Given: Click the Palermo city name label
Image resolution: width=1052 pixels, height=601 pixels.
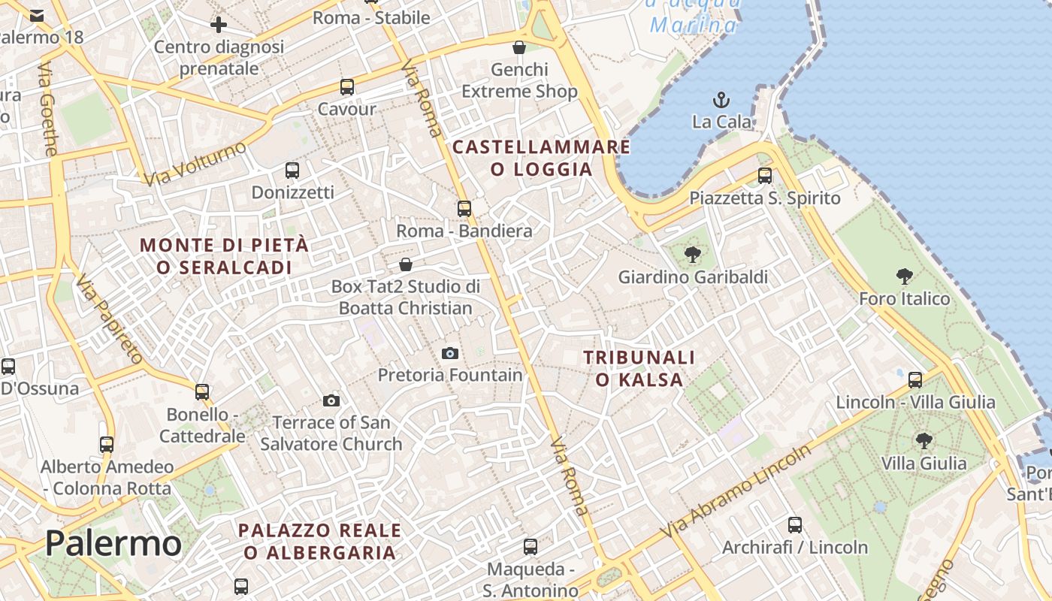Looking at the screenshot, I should point(113,542).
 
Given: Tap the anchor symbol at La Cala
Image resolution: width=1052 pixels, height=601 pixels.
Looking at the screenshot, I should point(721,99).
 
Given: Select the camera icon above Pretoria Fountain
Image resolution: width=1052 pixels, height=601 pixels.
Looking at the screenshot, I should point(449,353).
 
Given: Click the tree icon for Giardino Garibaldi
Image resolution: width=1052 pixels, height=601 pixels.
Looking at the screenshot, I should point(693,255).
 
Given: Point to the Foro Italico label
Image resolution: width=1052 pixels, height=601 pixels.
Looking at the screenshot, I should point(905,299).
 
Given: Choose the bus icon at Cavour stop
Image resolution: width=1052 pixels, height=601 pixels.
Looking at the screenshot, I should point(346,86).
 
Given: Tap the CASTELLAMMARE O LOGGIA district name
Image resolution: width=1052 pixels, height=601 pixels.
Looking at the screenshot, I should point(541,158).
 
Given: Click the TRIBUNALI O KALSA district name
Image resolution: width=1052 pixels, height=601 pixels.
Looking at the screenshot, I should point(639,368).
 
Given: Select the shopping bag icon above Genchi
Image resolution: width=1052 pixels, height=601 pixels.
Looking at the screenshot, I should point(518,47).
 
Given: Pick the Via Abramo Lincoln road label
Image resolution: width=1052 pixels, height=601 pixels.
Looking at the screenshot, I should point(736,490).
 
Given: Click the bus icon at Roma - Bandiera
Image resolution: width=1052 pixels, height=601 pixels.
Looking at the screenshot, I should point(464,208).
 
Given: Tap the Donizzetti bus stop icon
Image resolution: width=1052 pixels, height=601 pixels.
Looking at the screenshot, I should point(292,171).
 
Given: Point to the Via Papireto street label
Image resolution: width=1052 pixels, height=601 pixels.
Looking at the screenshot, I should point(110,319).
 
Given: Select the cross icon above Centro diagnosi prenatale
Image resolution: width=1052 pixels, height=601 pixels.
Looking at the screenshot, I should point(219,25).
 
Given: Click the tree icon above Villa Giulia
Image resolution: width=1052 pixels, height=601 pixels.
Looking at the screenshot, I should point(924,440).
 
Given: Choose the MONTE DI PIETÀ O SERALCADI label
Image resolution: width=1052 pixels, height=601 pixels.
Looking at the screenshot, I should point(224,256).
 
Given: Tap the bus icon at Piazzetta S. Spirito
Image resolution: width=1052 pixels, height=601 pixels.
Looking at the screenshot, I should point(765,176).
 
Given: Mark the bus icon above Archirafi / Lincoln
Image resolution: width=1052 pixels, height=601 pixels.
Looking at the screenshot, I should point(795,525).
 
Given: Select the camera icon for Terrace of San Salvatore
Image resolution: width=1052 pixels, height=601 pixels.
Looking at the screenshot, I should point(331,400).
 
